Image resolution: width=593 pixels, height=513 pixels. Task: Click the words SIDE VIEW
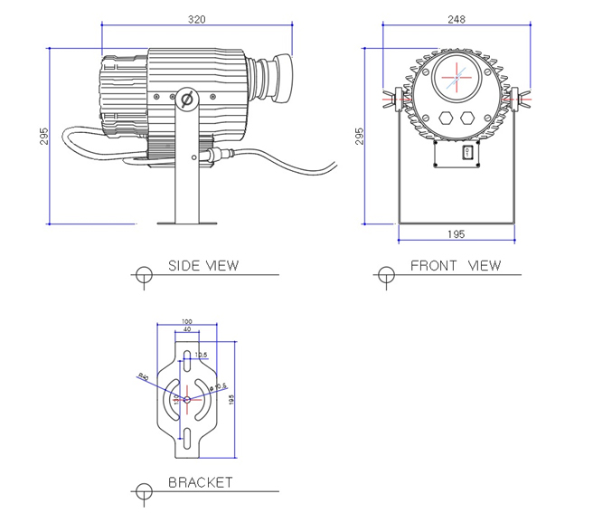[203, 265]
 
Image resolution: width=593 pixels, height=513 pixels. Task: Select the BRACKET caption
[200, 482]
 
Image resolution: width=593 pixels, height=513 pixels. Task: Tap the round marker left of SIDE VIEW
[143, 273]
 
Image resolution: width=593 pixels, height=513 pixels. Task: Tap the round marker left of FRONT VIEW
[386, 273]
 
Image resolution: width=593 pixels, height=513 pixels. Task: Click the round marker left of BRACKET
[142, 490]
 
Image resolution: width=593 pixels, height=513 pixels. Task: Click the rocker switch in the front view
[467, 153]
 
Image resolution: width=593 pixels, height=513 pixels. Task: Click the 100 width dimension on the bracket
[187, 321]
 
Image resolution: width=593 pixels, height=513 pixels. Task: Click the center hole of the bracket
[186, 399]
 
